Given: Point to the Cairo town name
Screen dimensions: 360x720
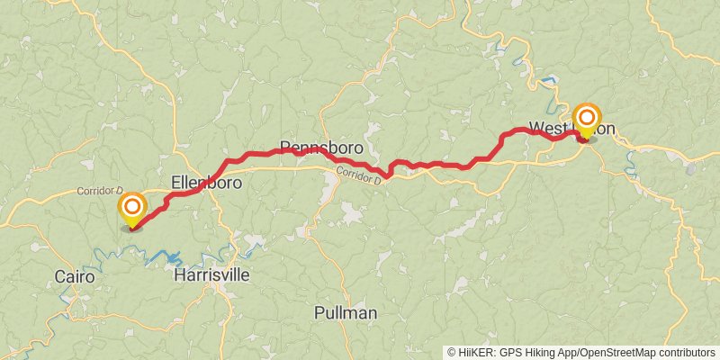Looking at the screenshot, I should coord(73,276).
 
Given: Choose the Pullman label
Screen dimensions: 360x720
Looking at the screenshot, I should coord(346,313).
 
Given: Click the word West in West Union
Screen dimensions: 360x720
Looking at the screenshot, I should coord(546,127).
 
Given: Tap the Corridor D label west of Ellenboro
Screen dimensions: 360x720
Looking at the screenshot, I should coord(99,191).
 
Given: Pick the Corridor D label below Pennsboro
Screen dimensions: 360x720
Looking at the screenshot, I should coord(359,175).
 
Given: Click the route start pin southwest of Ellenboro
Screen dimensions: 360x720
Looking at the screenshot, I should coord(132,210).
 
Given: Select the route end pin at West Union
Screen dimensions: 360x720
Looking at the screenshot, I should coord(587,119).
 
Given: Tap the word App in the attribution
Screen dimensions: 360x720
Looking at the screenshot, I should coord(572,353).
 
